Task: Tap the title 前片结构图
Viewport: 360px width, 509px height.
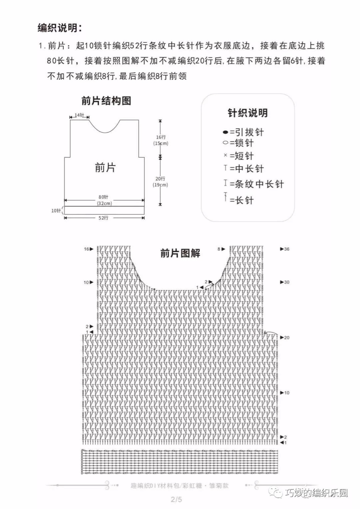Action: [106, 101]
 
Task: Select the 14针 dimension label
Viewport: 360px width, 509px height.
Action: [79, 115]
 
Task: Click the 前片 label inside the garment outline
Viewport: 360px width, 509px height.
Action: [105, 168]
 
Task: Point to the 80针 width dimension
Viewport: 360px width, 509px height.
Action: [103, 197]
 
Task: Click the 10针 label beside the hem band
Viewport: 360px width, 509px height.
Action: [56, 211]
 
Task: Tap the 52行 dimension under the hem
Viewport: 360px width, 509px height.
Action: [103, 218]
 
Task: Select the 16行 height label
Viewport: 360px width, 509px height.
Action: [161, 137]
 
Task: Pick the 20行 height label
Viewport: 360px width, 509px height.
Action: [160, 179]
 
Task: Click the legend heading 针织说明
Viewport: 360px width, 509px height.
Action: [248, 113]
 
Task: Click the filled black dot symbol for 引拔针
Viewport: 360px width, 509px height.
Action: [225, 132]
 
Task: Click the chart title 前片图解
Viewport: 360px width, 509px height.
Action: [180, 253]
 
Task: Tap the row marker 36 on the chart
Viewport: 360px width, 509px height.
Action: [286, 249]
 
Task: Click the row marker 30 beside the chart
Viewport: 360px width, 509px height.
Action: [286, 282]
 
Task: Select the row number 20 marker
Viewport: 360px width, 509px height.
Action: [286, 338]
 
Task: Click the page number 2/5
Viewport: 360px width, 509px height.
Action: [176, 499]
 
